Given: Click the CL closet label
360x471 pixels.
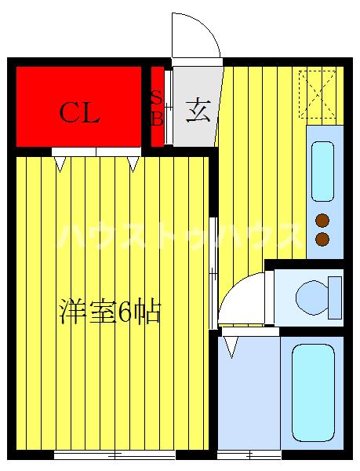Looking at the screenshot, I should point(80,114).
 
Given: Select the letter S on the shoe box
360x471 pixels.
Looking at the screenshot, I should point(156,99).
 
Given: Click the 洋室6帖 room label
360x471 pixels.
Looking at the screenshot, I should point(110,312).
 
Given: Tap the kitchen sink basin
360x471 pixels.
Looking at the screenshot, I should point(323,170).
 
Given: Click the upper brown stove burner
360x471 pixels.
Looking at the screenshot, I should point(322,221).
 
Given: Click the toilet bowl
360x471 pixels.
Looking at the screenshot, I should point(315,296).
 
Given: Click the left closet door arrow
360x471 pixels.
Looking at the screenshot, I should point(60,164).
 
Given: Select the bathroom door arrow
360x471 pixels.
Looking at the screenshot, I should point(231,344).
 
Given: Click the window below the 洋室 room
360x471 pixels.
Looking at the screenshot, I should point(115,455).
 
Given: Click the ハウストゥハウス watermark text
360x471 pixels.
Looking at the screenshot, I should point(180,235).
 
